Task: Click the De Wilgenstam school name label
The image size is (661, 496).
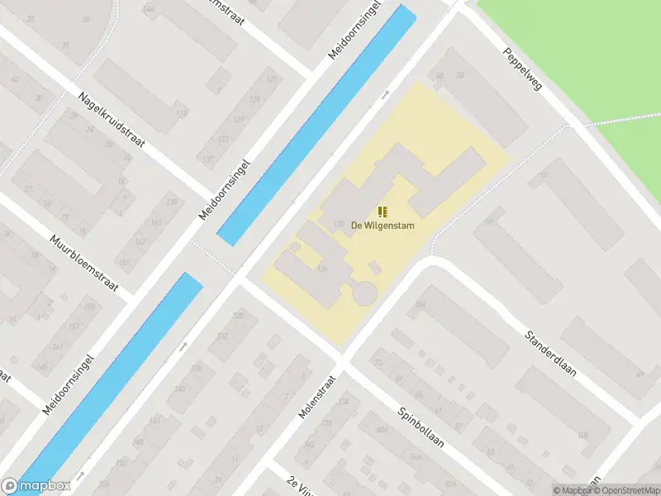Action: pos(383,225)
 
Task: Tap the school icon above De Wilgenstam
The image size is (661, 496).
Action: pos(383,212)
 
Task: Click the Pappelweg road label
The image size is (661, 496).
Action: pos(521,69)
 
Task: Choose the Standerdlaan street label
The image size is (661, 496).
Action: pos(550,354)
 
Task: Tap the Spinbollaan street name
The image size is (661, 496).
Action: pos(421,427)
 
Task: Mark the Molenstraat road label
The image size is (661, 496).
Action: pos(318,397)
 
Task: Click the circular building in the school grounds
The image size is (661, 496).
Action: pos(363,292)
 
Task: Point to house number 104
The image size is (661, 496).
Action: pos(421,305)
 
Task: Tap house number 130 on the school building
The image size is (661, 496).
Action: pos(338,223)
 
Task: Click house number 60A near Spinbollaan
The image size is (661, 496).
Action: pos(382,430)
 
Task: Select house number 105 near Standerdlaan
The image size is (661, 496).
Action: pos(583,435)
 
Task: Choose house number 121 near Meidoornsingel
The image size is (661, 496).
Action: pos(272,79)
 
